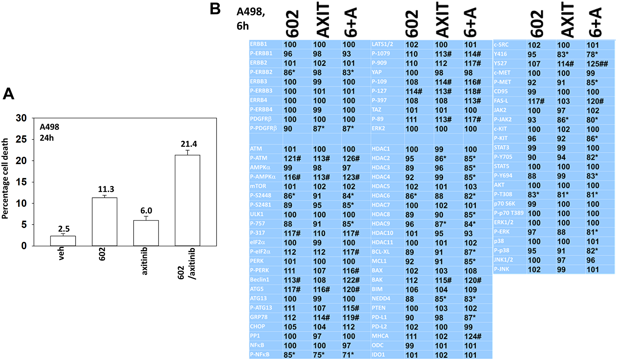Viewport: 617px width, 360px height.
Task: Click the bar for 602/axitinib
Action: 187,201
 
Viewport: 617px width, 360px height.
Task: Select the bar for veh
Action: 63,241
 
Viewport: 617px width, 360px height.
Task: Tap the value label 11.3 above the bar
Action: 106,189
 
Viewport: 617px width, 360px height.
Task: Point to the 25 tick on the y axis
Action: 21,139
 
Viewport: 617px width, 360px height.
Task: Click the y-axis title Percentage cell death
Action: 5,179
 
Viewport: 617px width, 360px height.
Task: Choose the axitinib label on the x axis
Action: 144,261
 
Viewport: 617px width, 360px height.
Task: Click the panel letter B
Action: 215,9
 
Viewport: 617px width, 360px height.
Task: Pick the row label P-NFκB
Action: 260,354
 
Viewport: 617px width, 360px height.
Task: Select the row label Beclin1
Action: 259,279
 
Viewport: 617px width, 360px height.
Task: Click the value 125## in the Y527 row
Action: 597,64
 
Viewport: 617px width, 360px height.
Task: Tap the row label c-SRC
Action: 501,45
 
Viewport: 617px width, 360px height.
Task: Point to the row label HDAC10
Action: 382,233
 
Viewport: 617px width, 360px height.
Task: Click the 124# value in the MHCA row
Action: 473,336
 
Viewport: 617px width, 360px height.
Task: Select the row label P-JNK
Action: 502,269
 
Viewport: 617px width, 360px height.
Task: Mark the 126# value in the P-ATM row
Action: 351,158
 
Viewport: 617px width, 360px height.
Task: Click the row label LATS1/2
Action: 382,44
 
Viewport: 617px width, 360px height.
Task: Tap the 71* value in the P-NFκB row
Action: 348,355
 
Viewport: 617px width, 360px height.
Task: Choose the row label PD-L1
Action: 379,317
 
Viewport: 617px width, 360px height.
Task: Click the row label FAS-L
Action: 501,101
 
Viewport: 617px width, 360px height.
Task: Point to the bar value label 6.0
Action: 146,211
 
